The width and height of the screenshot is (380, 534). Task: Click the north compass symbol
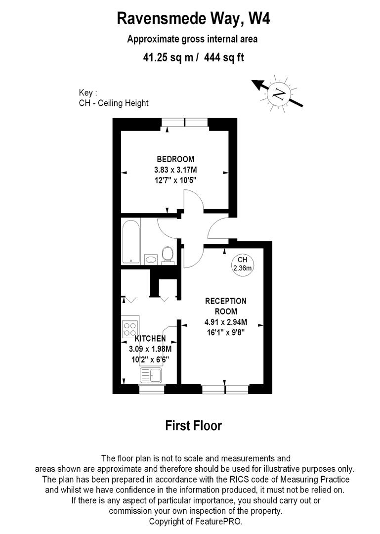[279, 92]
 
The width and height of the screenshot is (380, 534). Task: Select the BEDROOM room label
[175, 159]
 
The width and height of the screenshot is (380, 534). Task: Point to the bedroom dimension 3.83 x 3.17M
[175, 170]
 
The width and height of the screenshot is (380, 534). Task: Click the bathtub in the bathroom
[131, 242]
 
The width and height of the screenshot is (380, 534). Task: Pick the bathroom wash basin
[151, 259]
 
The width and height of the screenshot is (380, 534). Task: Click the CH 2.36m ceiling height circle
[242, 264]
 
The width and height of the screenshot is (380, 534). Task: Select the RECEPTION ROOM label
[226, 306]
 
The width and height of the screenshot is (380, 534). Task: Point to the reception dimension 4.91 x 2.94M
[226, 322]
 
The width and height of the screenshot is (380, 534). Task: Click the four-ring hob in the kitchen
[130, 327]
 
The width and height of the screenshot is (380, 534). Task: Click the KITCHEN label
[150, 339]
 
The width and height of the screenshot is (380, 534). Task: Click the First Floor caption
[193, 426]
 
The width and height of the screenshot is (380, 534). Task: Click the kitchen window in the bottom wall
[151, 390]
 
